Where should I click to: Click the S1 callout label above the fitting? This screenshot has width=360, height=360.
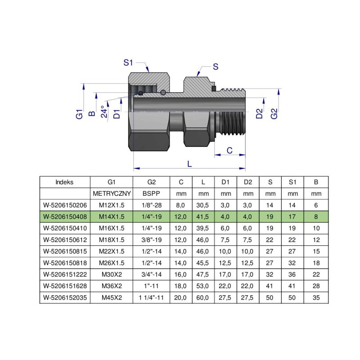tap(130, 63)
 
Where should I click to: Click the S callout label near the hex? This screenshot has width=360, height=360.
tap(215, 67)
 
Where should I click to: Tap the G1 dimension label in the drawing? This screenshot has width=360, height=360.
tap(80, 113)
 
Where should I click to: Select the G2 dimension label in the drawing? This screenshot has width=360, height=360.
tap(274, 114)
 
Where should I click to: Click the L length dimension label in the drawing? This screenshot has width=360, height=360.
tap(189, 164)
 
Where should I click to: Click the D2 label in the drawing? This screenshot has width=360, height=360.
tap(259, 113)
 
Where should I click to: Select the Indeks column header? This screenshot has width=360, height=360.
tap(65, 182)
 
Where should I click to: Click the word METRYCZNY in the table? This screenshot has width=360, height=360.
tap(112, 194)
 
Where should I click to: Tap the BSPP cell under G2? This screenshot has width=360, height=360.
tap(151, 194)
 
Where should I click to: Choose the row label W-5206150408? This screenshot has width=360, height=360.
tap(65, 217)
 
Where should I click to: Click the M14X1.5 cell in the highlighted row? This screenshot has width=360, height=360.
tap(112, 217)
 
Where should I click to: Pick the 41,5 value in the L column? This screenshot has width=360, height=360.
tap(203, 217)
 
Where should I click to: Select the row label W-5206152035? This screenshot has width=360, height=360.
tap(65, 297)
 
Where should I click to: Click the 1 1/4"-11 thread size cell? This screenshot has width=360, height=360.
tap(151, 297)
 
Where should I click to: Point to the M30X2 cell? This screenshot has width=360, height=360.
tap(112, 274)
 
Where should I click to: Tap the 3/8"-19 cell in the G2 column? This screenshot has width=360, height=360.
tap(151, 240)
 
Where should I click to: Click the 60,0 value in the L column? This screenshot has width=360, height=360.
tap(203, 297)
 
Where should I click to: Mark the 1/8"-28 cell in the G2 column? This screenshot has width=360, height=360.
tap(151, 205)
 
